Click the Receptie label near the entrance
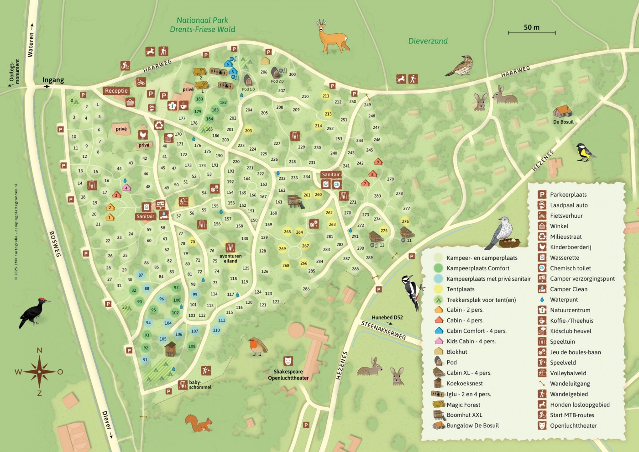[x=116, y=90]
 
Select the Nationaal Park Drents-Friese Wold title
[x=202, y=25]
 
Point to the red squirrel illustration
[x=199, y=423]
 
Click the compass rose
[x=40, y=372]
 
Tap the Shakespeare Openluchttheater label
[x=288, y=375]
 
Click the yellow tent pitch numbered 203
[x=248, y=131]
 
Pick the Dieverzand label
[x=428, y=41]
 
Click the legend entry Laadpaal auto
[x=568, y=205]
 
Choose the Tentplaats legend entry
[x=460, y=289]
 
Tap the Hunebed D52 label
[x=387, y=317]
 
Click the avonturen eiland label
[x=230, y=258]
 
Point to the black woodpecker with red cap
[x=34, y=312]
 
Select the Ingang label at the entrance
[x=53, y=80]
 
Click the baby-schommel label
[x=200, y=385]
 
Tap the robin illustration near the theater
[x=257, y=347]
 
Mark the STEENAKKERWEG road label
[x=383, y=330]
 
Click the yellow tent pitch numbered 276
[x=405, y=221]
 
